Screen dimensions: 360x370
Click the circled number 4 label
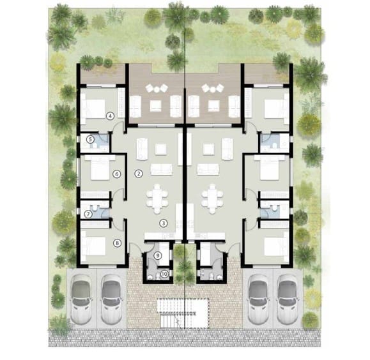[111, 116]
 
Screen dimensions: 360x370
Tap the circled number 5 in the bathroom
[91, 139]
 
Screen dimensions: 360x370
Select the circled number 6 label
[116, 174]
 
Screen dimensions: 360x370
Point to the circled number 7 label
[89, 214]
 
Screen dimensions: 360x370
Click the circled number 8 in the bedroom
[117, 243]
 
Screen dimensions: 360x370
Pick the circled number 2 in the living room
[138, 173]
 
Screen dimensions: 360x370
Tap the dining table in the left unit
[157, 199]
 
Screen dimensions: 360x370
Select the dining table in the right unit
[212, 199]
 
